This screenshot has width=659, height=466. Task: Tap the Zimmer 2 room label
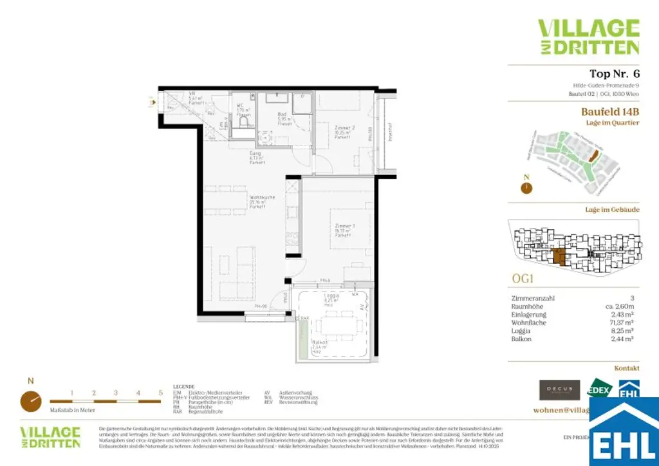(x=342, y=132)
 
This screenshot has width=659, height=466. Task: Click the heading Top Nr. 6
(x=614, y=74)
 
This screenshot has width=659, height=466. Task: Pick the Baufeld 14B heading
(x=610, y=112)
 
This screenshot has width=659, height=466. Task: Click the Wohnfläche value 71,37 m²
(x=622, y=322)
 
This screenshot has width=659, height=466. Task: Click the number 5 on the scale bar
(x=160, y=392)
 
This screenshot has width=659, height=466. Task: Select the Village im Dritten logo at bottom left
(x=50, y=436)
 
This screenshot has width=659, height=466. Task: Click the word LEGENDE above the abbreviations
(x=183, y=386)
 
